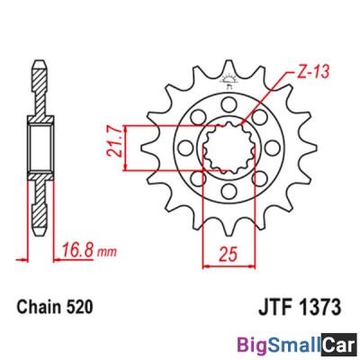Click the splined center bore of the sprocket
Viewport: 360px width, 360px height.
point(225,147)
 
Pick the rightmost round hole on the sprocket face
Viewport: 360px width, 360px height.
point(263,147)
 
